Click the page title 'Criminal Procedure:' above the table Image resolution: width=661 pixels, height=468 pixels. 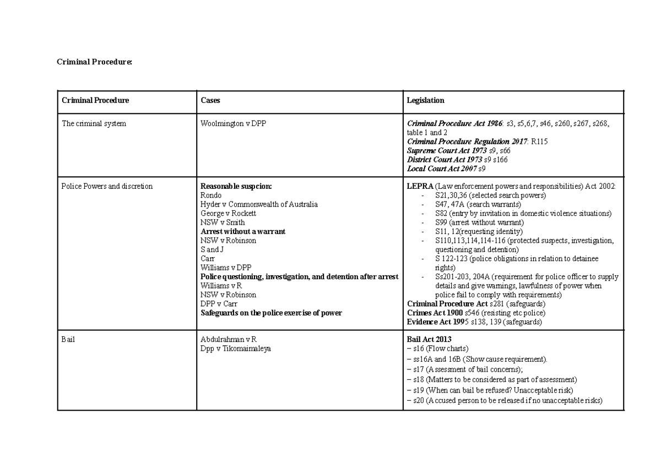coord(95,62)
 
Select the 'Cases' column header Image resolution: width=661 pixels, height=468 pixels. coord(210,101)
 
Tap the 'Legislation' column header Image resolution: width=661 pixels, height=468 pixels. coord(425,101)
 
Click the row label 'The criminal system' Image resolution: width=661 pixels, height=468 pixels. coord(94,124)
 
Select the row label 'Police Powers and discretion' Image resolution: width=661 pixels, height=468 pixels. coord(107,187)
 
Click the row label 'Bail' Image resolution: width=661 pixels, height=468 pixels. coord(68,339)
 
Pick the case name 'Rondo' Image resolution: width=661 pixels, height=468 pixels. coord(212,195)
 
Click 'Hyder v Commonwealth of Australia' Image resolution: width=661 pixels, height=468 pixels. coord(259,204)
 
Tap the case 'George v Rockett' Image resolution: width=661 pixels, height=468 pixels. coord(229,214)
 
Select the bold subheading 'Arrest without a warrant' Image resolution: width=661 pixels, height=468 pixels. coord(243,232)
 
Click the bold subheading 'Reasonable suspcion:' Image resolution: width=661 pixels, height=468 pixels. coord(236,187)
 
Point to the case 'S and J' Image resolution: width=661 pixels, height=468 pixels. coord(212,249)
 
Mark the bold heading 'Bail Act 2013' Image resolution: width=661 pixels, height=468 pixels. coord(429,339)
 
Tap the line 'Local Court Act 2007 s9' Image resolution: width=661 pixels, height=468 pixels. coord(446,169)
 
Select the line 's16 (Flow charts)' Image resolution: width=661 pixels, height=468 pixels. coord(437,349)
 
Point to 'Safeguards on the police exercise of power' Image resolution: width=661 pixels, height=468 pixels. coord(271,313)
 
